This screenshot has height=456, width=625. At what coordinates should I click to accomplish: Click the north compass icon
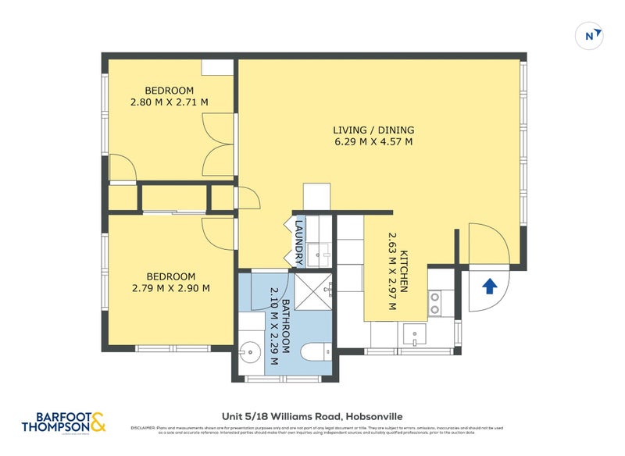point(591,35)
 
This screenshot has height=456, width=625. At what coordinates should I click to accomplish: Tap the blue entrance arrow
point(490,287)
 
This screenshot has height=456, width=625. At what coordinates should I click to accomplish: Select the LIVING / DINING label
point(373,130)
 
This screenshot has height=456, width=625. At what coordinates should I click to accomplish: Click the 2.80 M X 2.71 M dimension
point(170,102)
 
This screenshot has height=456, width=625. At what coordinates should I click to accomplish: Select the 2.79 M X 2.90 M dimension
point(170,288)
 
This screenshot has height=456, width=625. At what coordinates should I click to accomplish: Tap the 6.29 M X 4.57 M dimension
point(373,142)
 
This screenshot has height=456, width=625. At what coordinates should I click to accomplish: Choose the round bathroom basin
point(248,353)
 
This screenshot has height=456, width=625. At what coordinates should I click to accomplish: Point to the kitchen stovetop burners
point(434,303)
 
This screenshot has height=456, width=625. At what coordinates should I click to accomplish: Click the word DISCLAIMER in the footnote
point(144,428)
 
